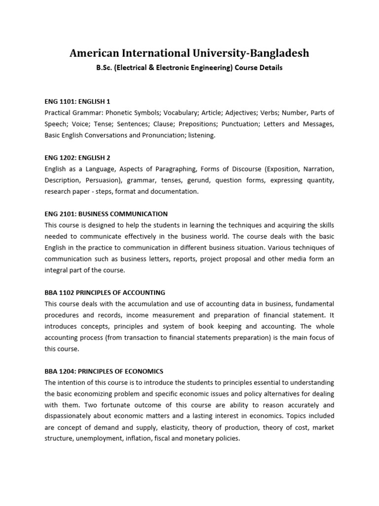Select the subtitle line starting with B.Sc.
[189, 68]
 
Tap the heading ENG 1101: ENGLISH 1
[77, 101]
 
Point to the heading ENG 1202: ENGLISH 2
[77, 158]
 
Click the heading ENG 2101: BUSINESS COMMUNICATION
[106, 214]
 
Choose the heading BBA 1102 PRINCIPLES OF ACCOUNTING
[105, 293]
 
